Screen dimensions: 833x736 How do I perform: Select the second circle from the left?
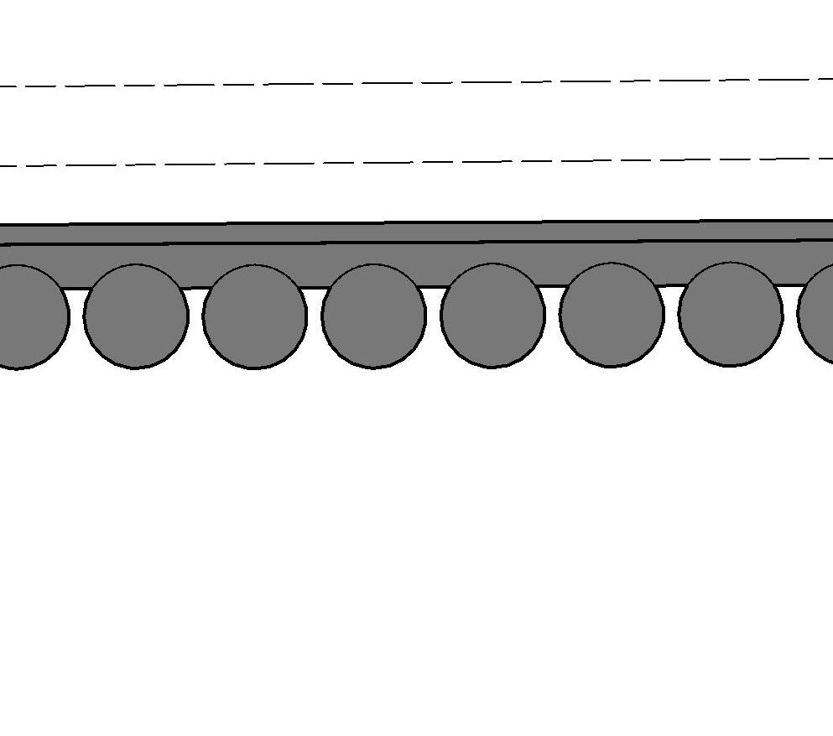[x=136, y=316]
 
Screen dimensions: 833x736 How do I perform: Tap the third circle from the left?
[x=255, y=316]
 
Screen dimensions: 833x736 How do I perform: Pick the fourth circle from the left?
[x=374, y=316]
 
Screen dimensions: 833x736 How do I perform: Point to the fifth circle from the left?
[x=493, y=316]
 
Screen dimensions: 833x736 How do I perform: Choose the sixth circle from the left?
[x=612, y=315]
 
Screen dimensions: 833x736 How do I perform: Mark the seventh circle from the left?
[x=731, y=314]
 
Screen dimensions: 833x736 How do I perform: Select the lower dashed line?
[x=419, y=162]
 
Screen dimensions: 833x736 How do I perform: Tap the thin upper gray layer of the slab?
[x=419, y=232]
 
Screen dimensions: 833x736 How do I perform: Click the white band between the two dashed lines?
[x=419, y=123]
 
